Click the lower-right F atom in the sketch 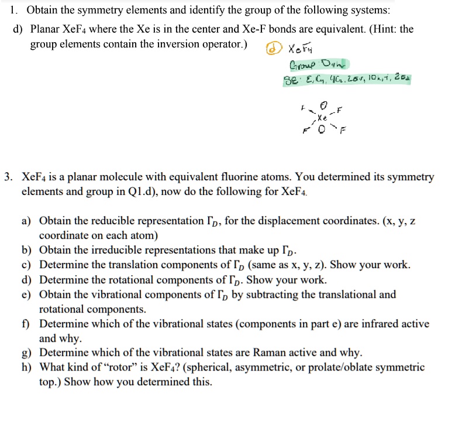(342, 131)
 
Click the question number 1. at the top (15, 10)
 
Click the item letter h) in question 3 (26, 368)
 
